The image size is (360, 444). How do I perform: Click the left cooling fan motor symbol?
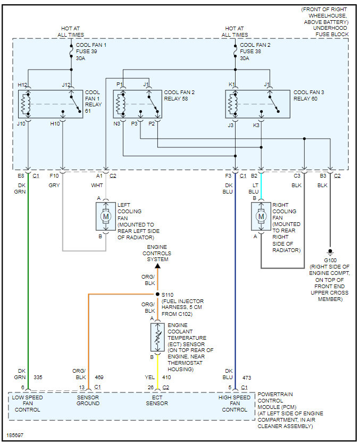(105, 216)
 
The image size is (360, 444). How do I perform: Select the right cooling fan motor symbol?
(261, 216)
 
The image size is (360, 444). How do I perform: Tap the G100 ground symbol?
(330, 252)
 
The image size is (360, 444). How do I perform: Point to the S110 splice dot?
(157, 294)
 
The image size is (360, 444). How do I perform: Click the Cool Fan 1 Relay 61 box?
(51, 104)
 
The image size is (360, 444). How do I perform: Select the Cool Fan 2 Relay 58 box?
(137, 104)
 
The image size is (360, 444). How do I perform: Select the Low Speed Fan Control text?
(27, 404)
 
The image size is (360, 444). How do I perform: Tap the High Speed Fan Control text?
(235, 404)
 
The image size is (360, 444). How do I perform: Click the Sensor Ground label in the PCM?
(88, 400)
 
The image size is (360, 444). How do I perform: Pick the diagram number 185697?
(15, 435)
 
